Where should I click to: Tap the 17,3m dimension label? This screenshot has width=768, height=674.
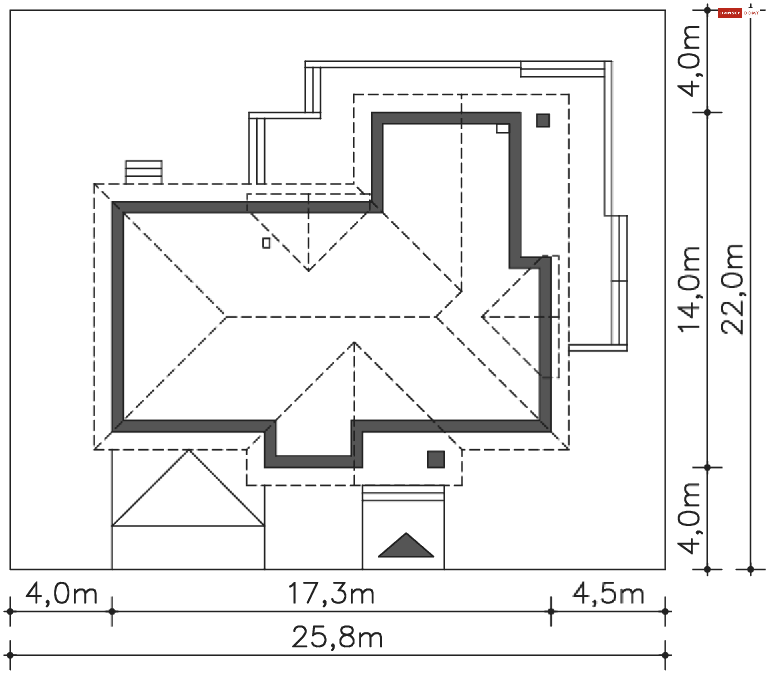click(331, 594)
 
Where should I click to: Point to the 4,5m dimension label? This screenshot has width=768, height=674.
click(608, 594)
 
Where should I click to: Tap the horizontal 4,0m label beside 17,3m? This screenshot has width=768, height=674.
click(61, 594)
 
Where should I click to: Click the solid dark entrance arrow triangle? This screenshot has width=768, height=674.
click(406, 545)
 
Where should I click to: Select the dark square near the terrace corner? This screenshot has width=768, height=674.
click(542, 120)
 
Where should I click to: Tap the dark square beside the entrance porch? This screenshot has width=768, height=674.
click(436, 459)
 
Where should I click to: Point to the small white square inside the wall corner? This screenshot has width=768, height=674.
click(502, 128)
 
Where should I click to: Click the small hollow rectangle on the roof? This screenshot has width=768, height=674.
click(266, 243)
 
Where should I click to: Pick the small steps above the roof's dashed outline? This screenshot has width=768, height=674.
click(144, 172)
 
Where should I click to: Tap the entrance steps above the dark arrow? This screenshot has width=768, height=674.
click(403, 493)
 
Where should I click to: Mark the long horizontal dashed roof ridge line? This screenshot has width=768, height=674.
click(331, 316)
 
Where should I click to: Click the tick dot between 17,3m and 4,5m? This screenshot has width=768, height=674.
click(551, 612)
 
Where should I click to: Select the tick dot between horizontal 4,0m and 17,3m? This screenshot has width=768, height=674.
click(112, 612)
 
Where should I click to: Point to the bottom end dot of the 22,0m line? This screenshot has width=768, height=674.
click(750, 569)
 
